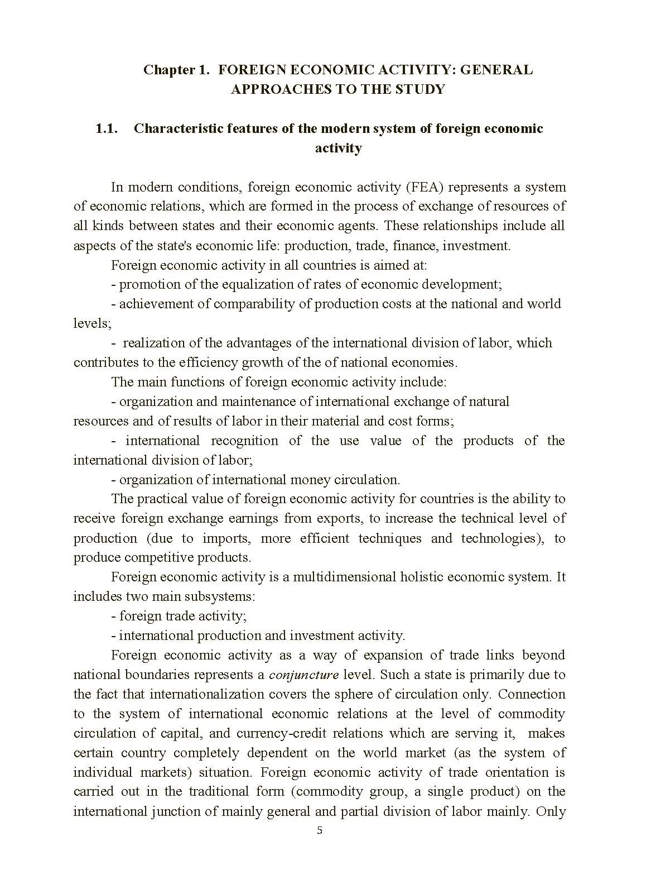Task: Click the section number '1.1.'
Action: click(106, 128)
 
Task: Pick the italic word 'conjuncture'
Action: click(303, 675)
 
